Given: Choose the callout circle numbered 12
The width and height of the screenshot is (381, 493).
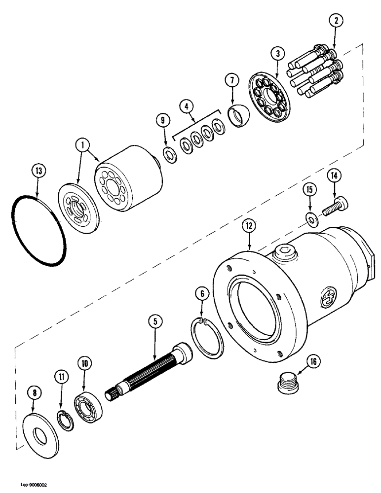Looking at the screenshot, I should tap(249, 226).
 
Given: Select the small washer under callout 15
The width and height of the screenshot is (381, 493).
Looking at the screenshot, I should tap(311, 219).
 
